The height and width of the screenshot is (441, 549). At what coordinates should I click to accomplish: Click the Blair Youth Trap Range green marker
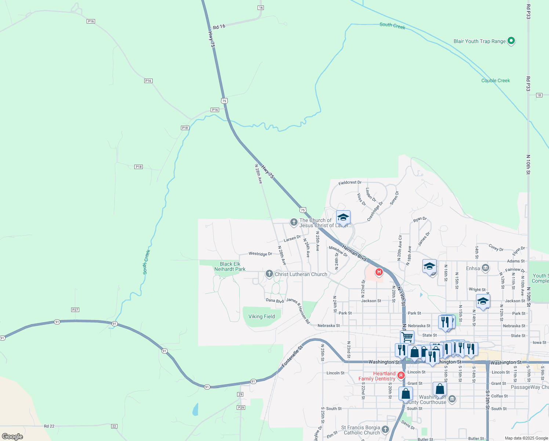511,41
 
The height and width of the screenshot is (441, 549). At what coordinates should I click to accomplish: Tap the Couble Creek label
495,80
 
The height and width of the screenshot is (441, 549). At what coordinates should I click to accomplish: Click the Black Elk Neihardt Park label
230,266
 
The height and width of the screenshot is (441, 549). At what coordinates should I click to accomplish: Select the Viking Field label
261,316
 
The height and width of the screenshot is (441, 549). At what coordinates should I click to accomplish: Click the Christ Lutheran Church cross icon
269,274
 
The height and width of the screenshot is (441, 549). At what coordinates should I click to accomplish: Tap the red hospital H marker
379,272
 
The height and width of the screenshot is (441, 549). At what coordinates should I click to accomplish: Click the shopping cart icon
407,336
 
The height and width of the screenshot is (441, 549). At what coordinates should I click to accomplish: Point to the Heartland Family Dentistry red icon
401,375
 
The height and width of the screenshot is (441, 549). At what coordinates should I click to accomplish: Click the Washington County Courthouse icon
452,399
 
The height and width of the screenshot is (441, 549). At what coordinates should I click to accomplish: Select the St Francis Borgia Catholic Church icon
385,429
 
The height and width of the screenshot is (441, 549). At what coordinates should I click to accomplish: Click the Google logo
12,436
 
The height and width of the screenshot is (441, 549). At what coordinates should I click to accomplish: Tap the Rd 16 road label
219,26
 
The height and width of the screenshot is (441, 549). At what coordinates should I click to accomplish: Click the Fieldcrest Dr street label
350,182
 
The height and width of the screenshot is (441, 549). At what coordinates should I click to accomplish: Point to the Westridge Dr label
260,254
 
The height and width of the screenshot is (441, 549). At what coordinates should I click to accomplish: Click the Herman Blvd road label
354,253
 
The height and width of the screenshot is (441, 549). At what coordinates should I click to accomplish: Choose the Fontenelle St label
292,356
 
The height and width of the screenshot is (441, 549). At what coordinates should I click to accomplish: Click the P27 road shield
75,310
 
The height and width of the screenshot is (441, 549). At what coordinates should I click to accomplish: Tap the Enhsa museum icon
486,268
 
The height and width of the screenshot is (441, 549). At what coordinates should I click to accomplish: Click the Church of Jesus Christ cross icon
294,222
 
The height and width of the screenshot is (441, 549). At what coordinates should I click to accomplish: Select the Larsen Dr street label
292,239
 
